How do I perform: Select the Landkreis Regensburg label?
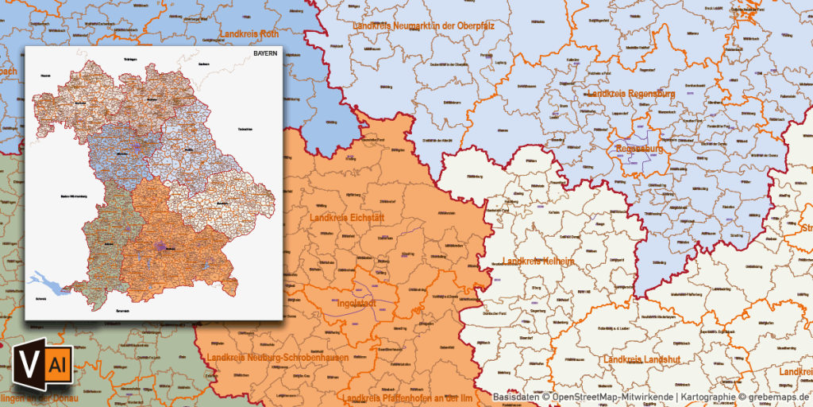coord(631,94)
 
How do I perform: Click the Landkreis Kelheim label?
coord(538,262)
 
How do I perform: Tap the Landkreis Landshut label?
coord(642,360)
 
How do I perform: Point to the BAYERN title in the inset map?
coord(265,53)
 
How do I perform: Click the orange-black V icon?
coord(22,366)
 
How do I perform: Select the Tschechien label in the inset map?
coord(245,129)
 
